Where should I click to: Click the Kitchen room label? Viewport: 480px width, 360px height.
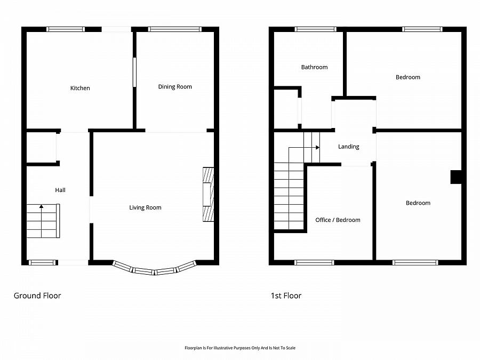(x=80, y=88)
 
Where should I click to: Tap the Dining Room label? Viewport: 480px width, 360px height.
(x=175, y=86)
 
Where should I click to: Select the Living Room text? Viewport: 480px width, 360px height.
(x=145, y=207)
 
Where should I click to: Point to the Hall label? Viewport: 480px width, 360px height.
(x=60, y=190)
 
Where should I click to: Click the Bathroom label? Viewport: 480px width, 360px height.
(x=314, y=67)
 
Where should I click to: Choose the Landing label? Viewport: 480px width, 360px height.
(x=349, y=147)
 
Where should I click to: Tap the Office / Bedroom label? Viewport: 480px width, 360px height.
(x=338, y=220)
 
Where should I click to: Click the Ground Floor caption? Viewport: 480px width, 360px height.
(x=37, y=295)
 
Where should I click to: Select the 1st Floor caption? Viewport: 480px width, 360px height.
(x=286, y=295)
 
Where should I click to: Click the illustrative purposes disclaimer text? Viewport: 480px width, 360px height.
(x=240, y=348)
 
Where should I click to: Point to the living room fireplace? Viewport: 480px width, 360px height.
(x=208, y=194)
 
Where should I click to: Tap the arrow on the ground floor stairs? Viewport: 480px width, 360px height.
(x=41, y=221)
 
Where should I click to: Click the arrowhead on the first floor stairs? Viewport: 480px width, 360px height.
(x=318, y=148)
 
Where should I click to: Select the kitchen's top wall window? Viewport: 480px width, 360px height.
(x=66, y=29)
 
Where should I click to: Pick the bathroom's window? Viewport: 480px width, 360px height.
(x=316, y=29)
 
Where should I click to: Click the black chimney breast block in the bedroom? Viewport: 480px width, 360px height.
(x=456, y=177)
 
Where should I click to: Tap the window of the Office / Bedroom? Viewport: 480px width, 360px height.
(x=314, y=262)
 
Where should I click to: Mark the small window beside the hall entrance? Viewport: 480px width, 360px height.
(x=43, y=262)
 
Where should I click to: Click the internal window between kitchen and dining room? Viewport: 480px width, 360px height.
(x=134, y=72)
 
